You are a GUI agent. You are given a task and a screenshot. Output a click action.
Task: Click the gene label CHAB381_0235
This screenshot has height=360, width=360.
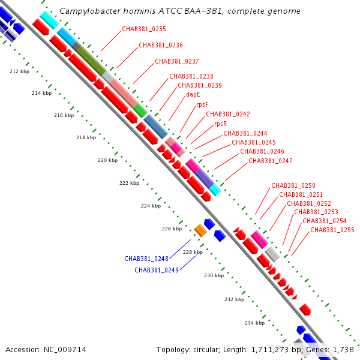coord(144,29)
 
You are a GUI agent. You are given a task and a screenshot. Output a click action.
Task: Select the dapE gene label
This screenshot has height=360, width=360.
coord(193,94)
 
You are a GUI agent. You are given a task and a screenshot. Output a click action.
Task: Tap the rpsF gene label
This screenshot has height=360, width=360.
coord(202,104)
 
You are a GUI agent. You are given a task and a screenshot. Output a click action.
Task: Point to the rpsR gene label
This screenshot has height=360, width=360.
coord(220,124)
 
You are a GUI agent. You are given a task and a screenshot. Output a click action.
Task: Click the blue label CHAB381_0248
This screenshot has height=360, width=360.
coord(146,259)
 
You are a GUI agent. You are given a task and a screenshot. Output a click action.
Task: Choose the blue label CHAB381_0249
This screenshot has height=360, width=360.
coord(157,270)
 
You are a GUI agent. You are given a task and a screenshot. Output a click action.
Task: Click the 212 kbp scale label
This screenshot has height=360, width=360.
coord(20,71)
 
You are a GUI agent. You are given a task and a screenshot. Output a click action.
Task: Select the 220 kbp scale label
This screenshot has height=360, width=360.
coord(107,160)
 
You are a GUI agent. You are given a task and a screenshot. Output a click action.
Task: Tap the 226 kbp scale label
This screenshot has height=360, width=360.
coord(172,229)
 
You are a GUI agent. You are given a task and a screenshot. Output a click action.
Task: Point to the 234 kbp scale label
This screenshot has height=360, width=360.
coord(254,323)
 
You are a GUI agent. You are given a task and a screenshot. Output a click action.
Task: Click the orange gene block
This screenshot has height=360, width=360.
coord(200,230)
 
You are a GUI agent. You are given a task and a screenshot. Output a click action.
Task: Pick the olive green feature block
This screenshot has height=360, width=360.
coord(91,61)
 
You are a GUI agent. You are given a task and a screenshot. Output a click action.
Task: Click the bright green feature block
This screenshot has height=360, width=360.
coord(140,110)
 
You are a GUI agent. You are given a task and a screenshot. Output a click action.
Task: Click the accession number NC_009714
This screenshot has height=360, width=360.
coord(65,350)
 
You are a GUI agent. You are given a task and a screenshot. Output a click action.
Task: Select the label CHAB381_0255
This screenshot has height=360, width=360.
coord(332,230)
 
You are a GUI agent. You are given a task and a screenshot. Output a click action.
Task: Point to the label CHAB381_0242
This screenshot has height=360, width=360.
coord(228,114)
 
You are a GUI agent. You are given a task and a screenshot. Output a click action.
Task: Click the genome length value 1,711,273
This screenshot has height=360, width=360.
coord(270,350)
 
